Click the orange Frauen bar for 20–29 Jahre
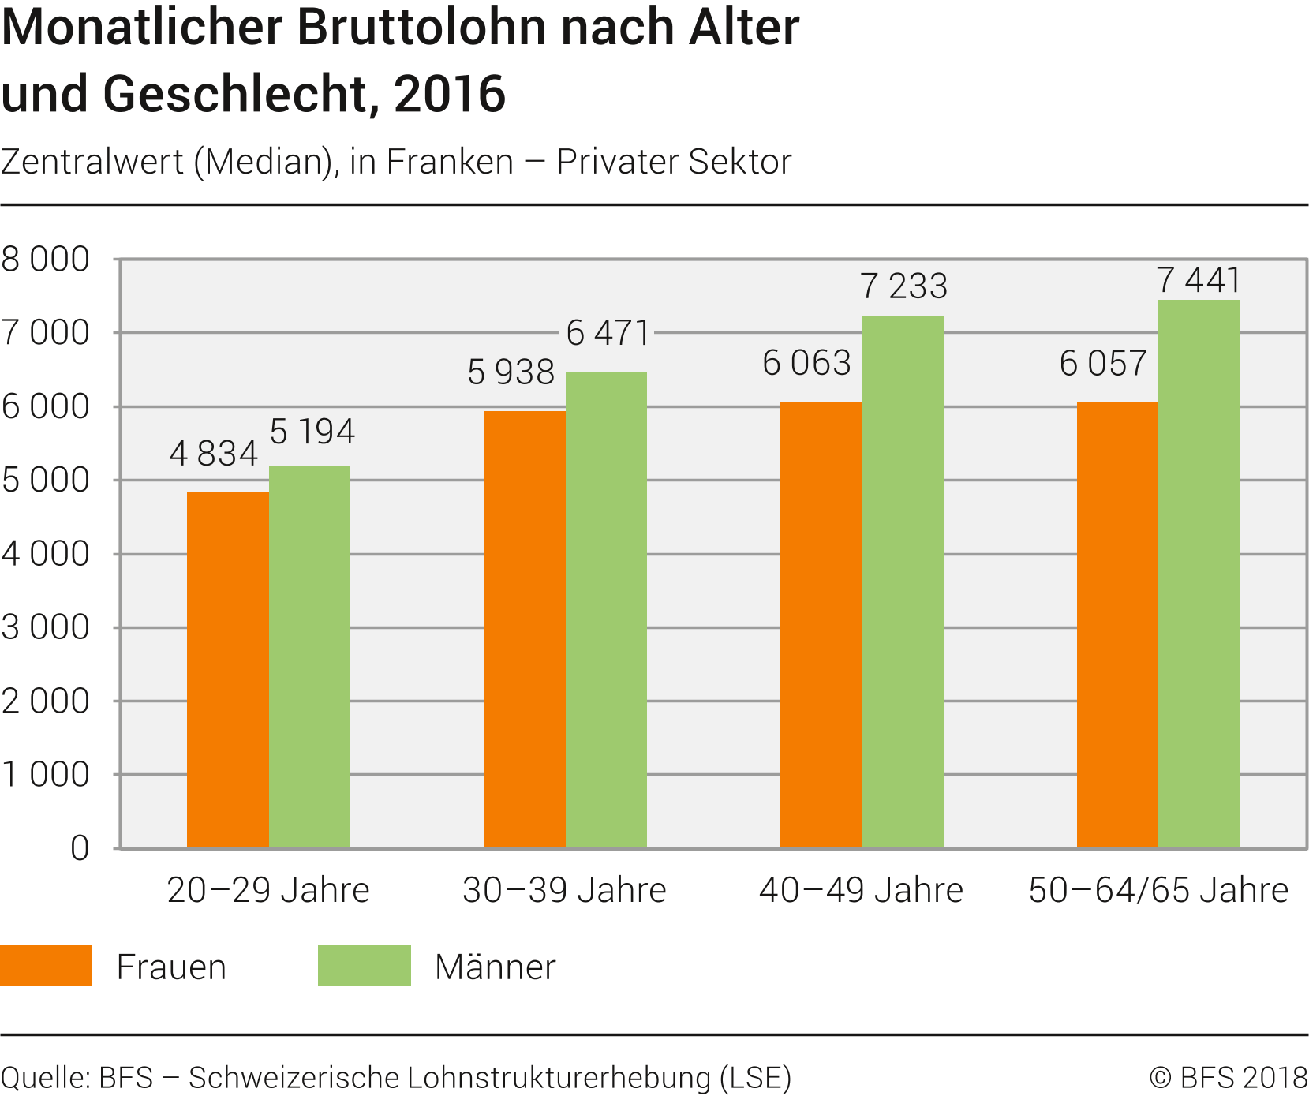227,670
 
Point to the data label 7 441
1199,281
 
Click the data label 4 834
213,454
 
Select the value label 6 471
608,334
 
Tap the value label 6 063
806,364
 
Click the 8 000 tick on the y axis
46,260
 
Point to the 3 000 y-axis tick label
46,628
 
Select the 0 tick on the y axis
80,849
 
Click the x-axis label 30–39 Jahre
564,891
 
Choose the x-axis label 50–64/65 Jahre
1158,891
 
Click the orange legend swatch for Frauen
46,965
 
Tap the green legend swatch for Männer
364,965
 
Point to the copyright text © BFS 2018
1228,1078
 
